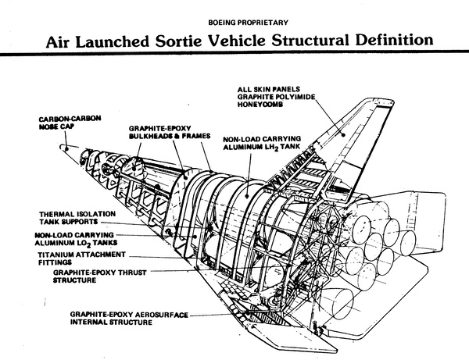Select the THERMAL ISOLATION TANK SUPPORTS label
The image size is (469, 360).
[x=71, y=217]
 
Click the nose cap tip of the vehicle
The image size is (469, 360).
[x=64, y=148]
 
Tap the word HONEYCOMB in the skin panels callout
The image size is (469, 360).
[x=263, y=105]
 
